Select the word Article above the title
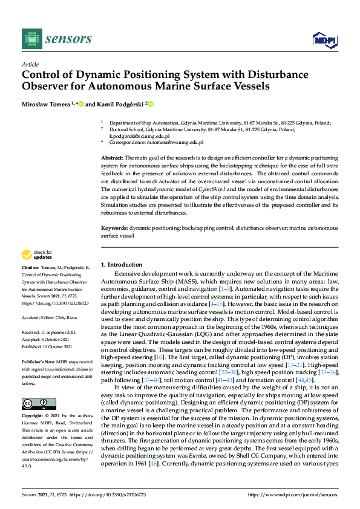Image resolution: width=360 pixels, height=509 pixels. [30, 64]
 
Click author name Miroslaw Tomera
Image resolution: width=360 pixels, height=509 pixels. [46, 105]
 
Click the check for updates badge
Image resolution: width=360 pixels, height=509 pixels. [37, 255]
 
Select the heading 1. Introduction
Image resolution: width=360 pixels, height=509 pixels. [122, 265]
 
